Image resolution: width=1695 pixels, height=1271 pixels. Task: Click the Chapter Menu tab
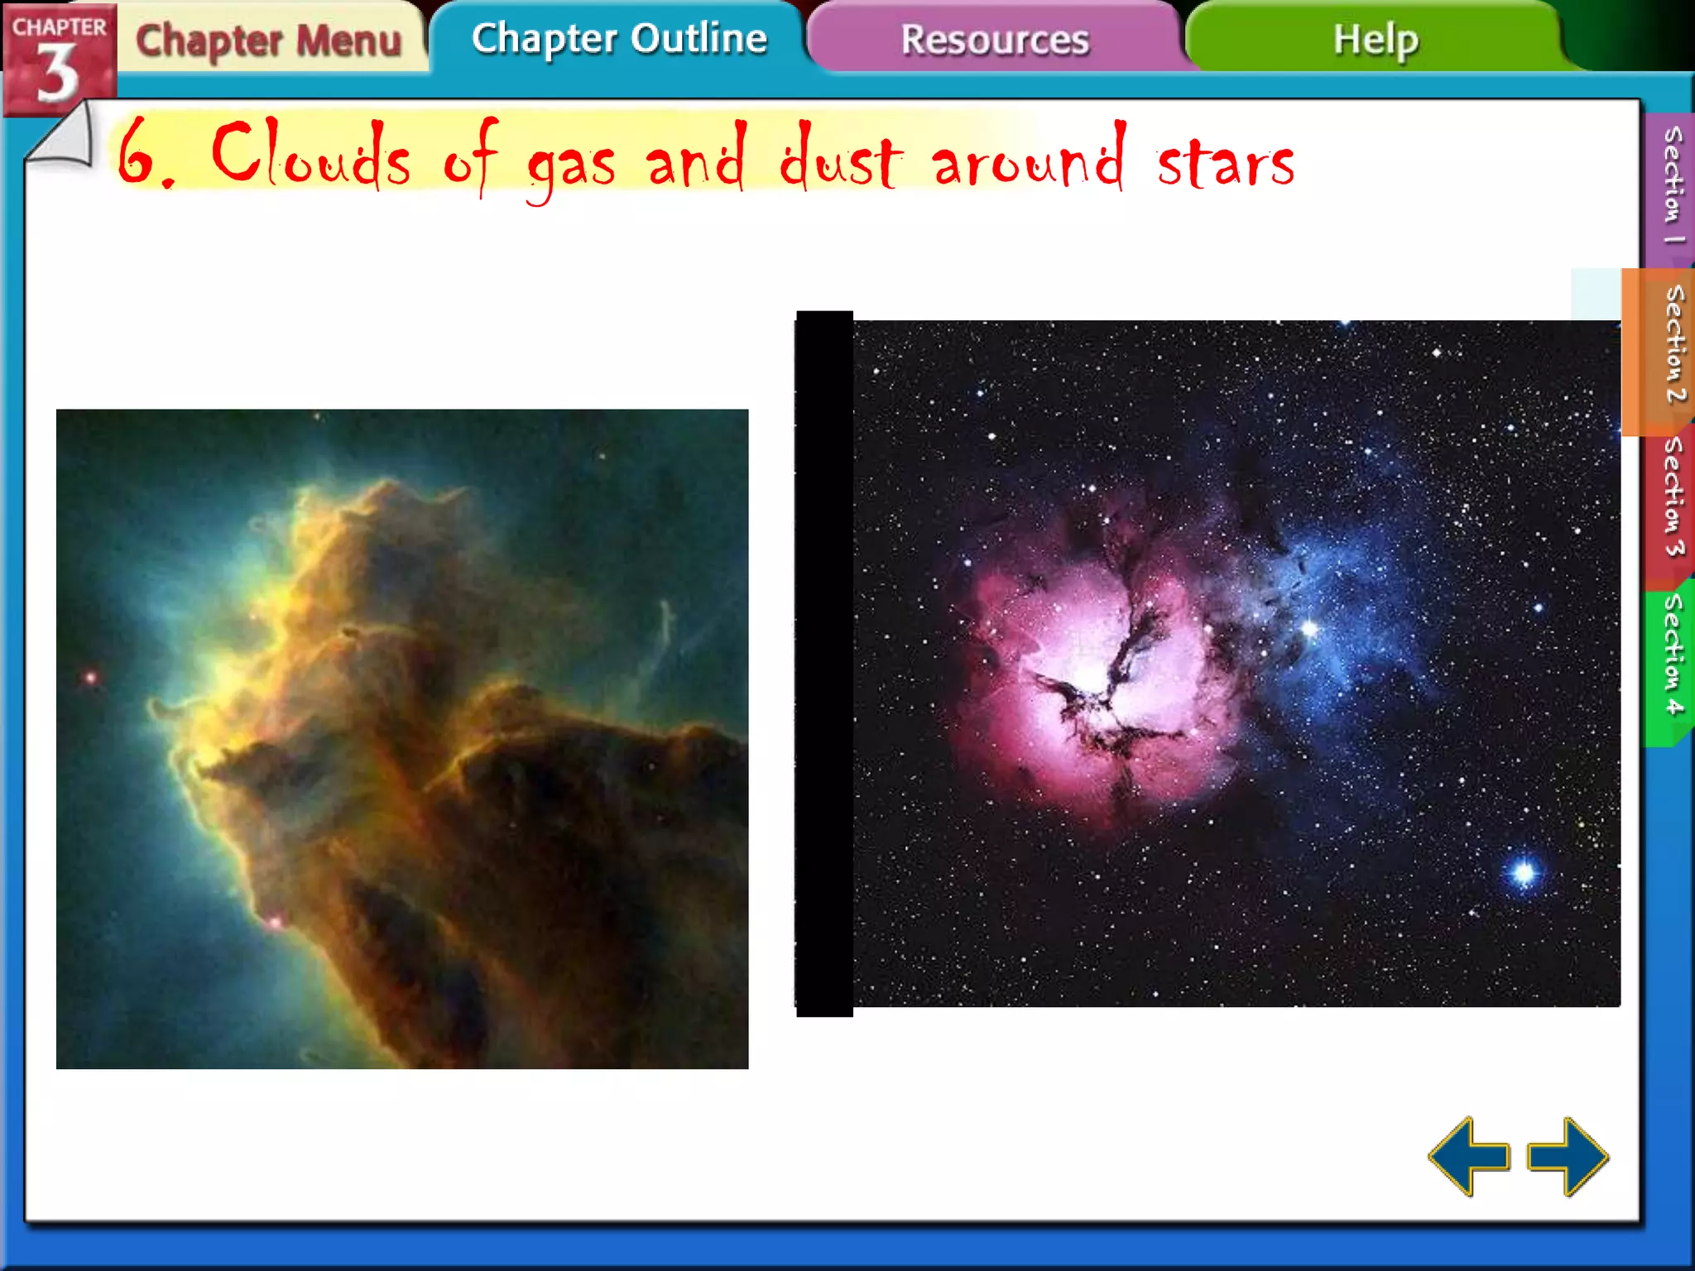[x=268, y=41]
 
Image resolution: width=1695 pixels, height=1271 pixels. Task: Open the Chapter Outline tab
[x=619, y=39]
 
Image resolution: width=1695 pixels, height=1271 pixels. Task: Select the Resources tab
[x=994, y=40]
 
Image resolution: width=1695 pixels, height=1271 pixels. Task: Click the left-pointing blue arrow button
[x=1468, y=1156]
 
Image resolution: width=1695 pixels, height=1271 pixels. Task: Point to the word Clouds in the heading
[x=311, y=155]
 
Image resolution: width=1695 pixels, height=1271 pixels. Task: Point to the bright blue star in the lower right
[x=1524, y=872]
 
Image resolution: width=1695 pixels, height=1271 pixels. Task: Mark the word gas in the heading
[x=571, y=165]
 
